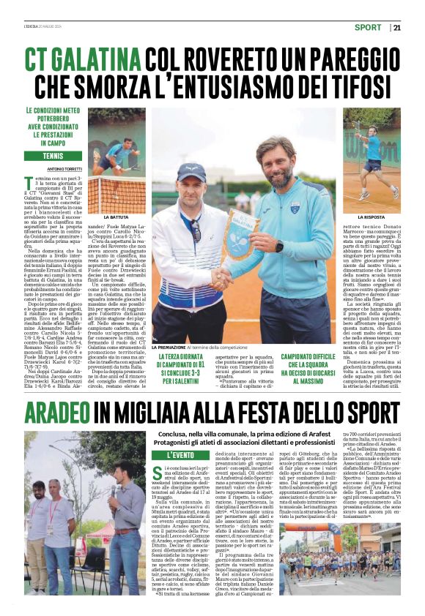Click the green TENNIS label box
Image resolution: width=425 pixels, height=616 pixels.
[x=53, y=156]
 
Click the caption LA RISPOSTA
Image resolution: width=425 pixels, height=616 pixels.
[x=372, y=217]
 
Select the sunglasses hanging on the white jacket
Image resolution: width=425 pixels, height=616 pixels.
[x=196, y=230]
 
